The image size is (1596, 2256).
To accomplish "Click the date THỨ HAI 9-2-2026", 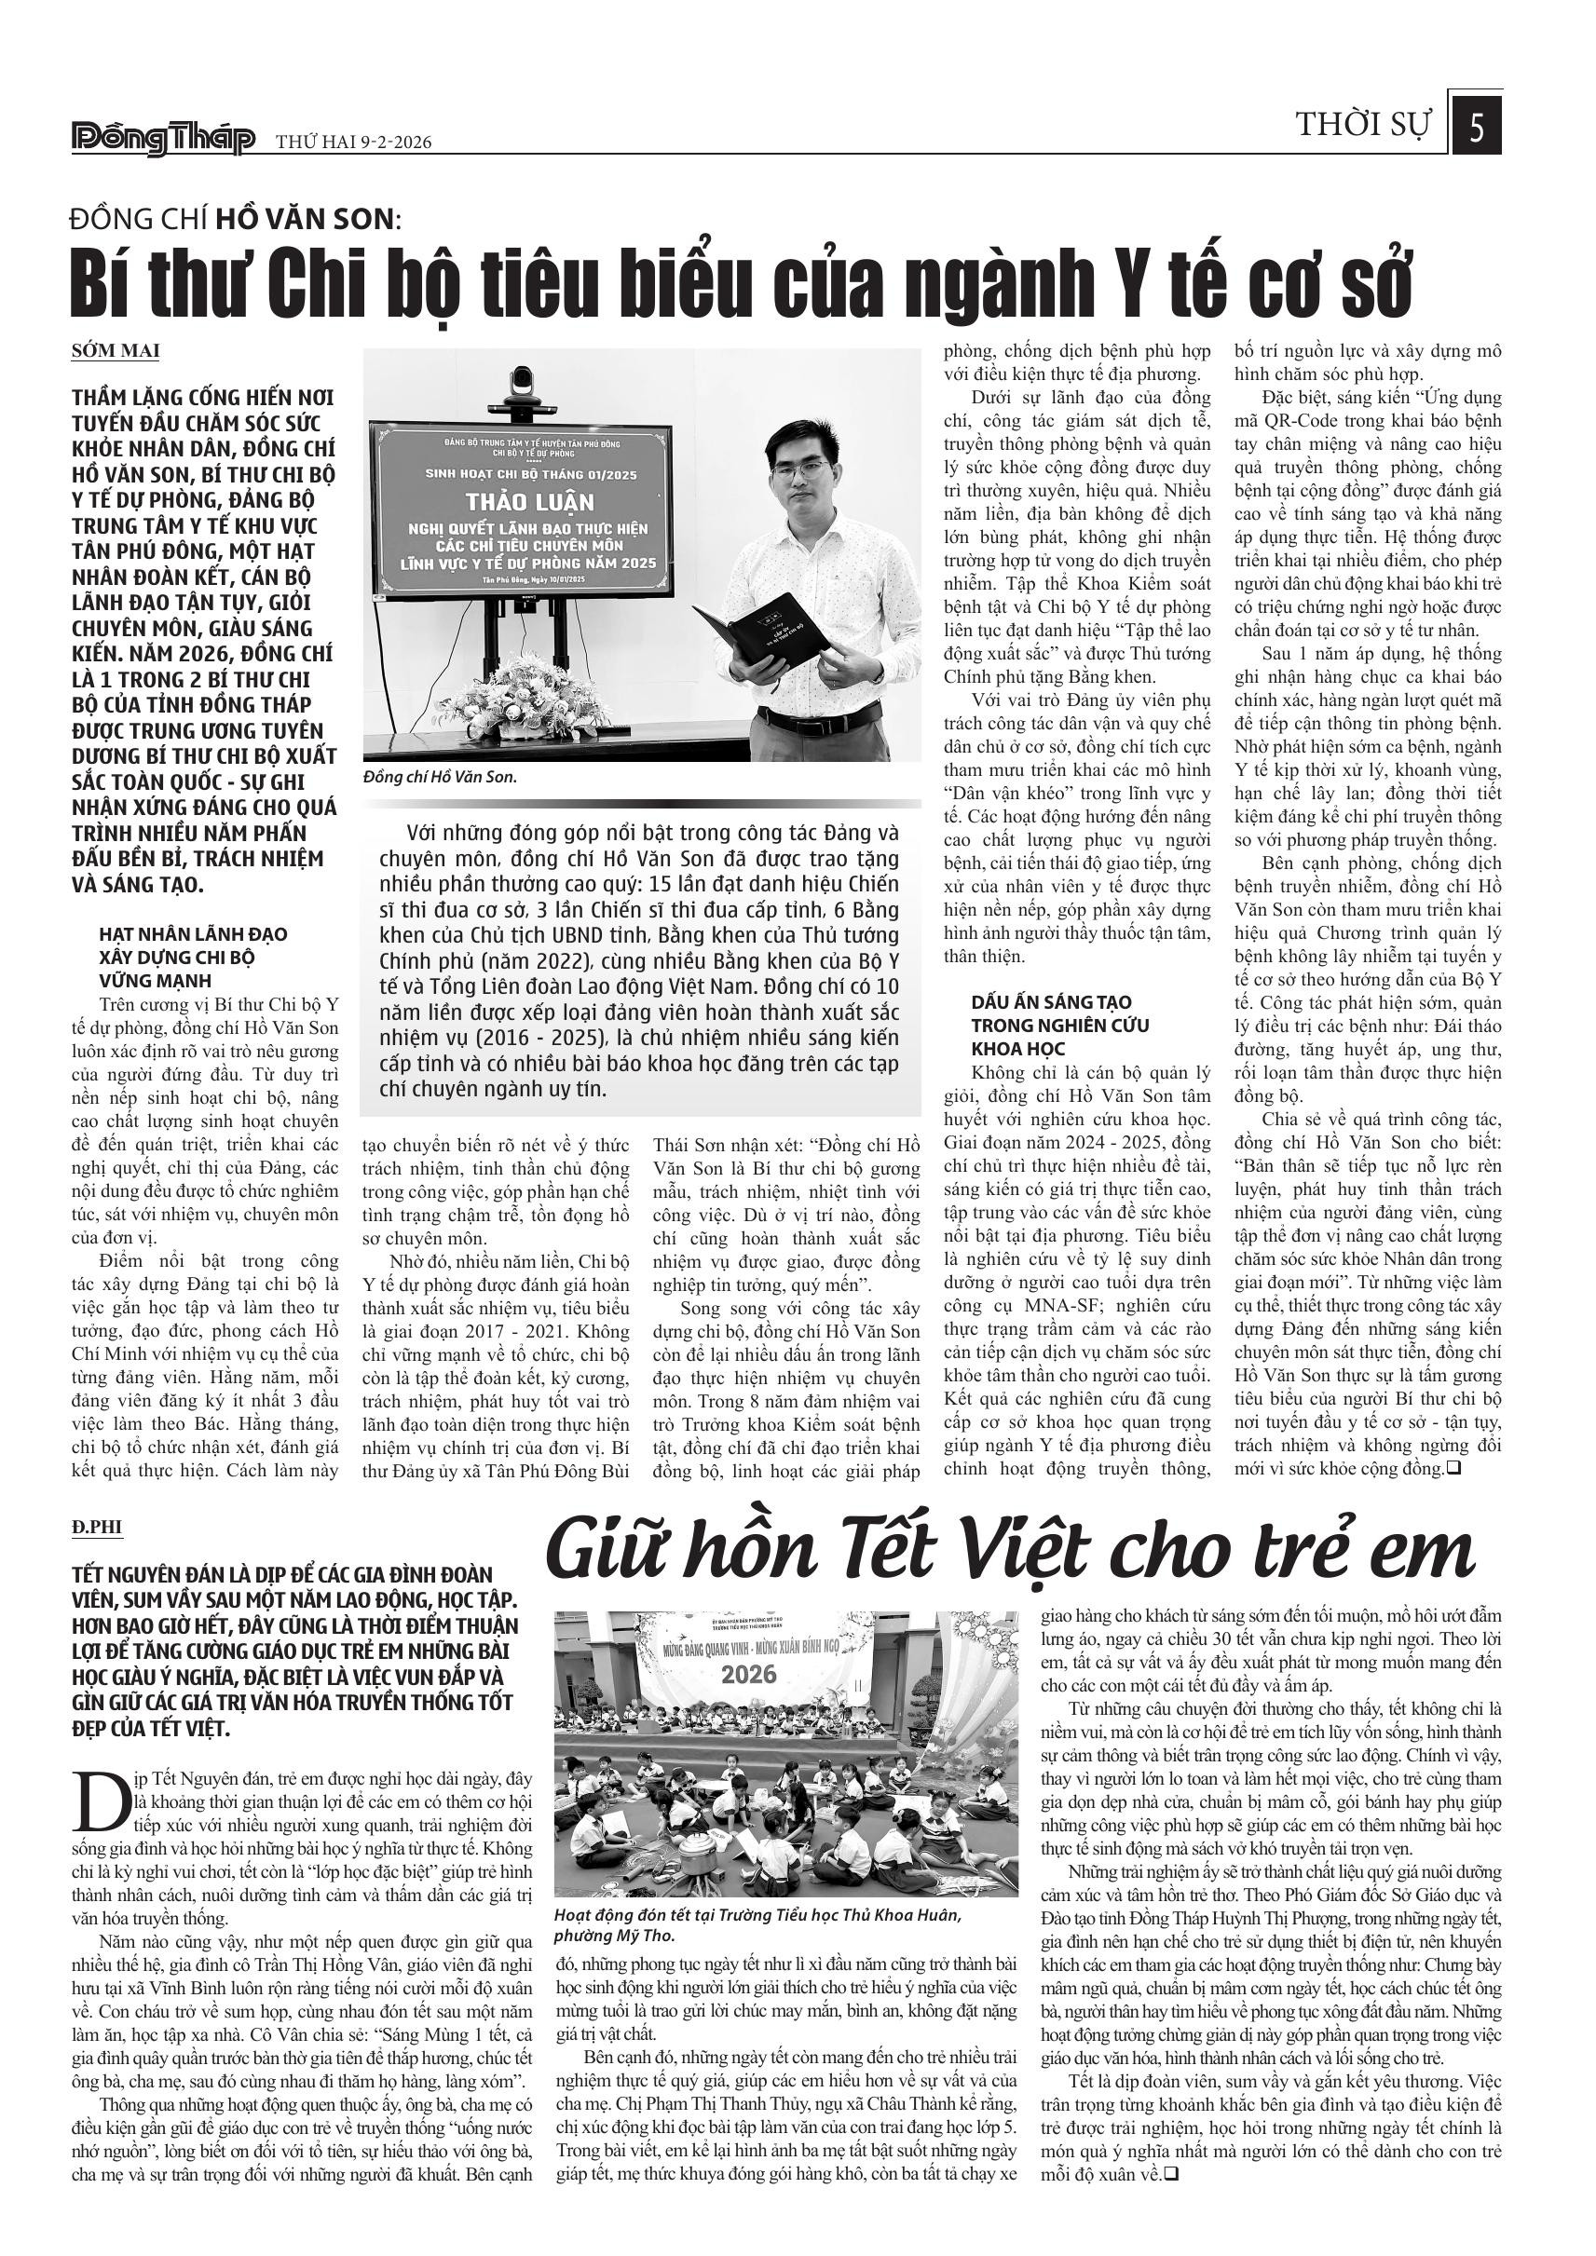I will pyautogui.click(x=354, y=143).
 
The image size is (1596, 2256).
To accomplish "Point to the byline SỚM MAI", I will pyautogui.click(x=115, y=351).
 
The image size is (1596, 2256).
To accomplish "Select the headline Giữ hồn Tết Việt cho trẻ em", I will pyautogui.click(x=1010, y=1552).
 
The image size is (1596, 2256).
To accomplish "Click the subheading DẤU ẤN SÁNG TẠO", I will pyautogui.click(x=1037, y=1001).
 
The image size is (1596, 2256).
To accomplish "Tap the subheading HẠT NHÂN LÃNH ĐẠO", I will pyautogui.click(x=193, y=933).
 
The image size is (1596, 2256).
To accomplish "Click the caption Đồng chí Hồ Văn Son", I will pyautogui.click(x=439, y=777).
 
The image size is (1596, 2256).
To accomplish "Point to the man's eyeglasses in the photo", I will pyautogui.click(x=801, y=469).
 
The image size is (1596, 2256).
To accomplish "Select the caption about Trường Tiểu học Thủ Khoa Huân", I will pyautogui.click(x=756, y=1925).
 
